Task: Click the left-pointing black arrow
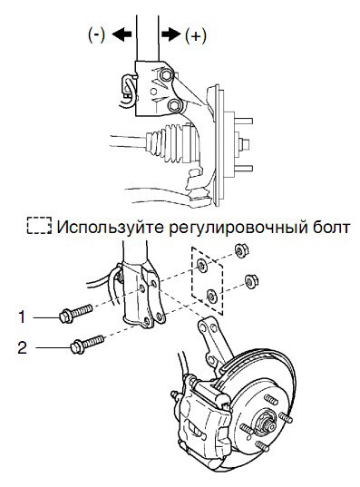(122, 34)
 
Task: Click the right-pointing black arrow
(171, 34)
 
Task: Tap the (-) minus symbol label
(97, 34)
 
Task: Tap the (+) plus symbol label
(195, 35)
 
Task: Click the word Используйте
(110, 228)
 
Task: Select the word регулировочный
(236, 228)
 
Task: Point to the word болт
(330, 227)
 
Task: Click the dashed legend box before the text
(39, 226)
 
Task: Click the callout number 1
(22, 317)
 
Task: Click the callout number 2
(23, 347)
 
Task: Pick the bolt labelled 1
(76, 314)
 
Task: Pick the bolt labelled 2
(87, 344)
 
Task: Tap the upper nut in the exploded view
(239, 250)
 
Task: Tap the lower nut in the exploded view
(250, 281)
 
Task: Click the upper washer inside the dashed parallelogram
(202, 265)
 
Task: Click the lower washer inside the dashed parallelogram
(212, 295)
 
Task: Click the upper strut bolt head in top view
(165, 75)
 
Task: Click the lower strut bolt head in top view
(174, 105)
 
